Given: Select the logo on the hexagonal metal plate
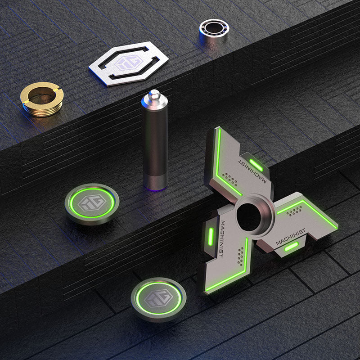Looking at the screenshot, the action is [129, 63].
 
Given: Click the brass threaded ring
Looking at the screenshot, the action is [42, 99].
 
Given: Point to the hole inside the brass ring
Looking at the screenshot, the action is [42, 94].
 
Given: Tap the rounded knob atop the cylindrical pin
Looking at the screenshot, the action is [154, 94].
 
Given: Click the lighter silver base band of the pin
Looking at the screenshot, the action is [155, 182].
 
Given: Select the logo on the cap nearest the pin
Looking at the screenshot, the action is [92, 203].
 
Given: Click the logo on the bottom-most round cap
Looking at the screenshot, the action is [159, 298].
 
